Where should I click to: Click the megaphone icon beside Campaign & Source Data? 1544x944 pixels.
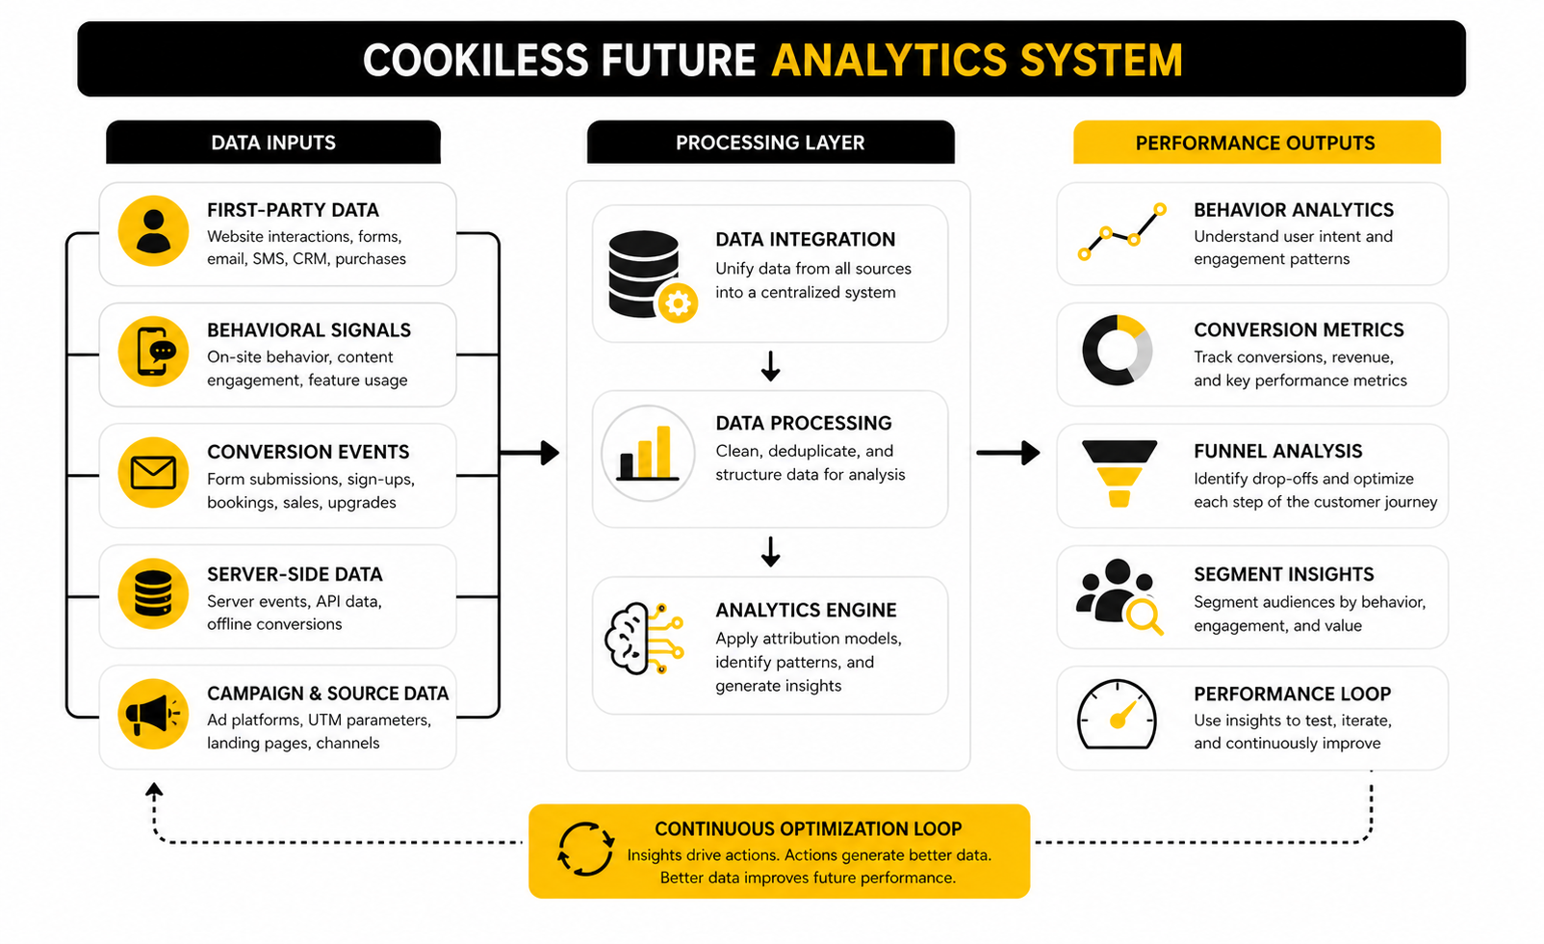click(x=152, y=715)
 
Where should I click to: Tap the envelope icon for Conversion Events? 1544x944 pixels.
click(x=152, y=473)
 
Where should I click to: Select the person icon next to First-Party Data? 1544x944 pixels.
click(x=152, y=231)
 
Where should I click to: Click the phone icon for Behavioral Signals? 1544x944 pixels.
click(x=154, y=352)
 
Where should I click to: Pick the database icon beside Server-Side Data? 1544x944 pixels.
click(x=152, y=593)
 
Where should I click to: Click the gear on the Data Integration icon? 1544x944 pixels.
click(x=678, y=303)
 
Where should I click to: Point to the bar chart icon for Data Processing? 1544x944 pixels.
click(x=647, y=453)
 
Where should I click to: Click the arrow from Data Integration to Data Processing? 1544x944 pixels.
click(x=770, y=366)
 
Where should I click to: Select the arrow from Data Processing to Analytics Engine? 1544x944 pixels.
click(x=770, y=552)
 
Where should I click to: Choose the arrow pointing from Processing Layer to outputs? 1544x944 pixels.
click(x=1008, y=452)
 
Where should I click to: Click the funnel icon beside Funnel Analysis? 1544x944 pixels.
click(x=1119, y=473)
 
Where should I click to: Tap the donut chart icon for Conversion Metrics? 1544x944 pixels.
click(x=1117, y=350)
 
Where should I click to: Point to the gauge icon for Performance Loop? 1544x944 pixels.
click(x=1117, y=715)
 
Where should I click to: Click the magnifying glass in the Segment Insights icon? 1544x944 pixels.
click(x=1144, y=615)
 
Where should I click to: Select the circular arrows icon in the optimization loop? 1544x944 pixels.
click(x=585, y=849)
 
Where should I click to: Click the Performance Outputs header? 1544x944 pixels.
click(x=1255, y=143)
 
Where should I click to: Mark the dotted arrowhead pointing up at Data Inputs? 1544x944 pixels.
click(x=154, y=791)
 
